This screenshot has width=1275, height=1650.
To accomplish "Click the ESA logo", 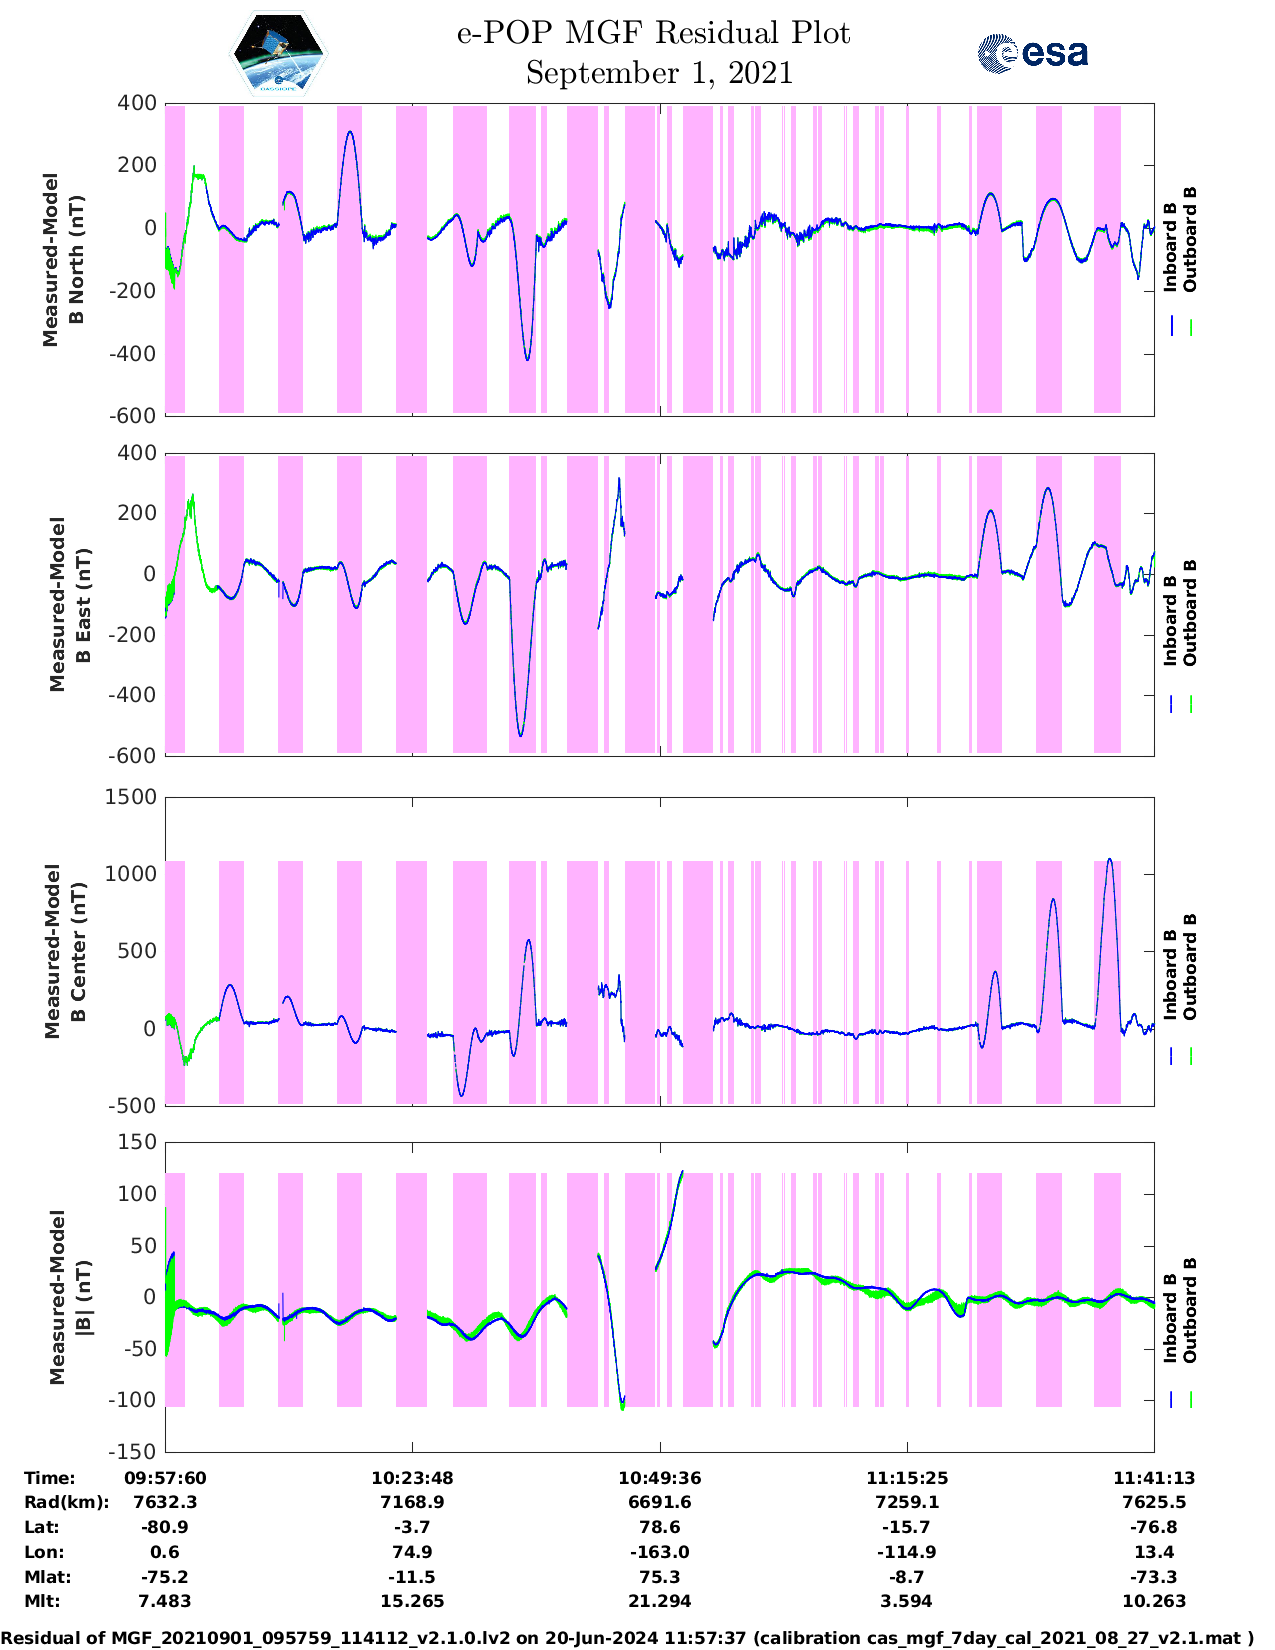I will point(1032,53).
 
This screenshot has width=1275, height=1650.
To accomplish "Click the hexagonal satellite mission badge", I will point(279,53).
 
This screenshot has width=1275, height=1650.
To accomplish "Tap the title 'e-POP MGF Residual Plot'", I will point(653,34).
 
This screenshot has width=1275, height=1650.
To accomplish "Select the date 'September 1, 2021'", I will point(659,73).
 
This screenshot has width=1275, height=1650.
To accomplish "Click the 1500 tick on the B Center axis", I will point(131,797).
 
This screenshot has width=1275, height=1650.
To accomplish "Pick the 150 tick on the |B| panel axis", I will point(137,1142).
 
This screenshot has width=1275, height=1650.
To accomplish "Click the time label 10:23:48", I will point(412,1478).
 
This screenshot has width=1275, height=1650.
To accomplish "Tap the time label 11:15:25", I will point(907,1478).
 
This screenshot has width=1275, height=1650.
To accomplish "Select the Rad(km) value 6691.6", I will point(659,1502).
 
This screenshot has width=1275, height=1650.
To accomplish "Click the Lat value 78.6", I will point(659,1527).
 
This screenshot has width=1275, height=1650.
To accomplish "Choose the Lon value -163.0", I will point(659,1552).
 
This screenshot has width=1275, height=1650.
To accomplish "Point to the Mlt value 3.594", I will point(907,1601).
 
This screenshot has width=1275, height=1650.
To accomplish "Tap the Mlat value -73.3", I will point(1154,1577).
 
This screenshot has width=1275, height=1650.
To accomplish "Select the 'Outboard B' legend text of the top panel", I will point(1190,240).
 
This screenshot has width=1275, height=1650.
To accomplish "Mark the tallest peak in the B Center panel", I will point(1109,859).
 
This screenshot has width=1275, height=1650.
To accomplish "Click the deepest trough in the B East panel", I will point(520,736).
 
